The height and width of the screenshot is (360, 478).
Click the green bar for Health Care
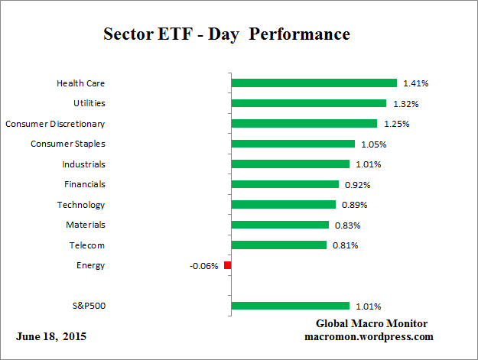pos(314,83)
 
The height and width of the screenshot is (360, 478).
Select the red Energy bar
pos(227,265)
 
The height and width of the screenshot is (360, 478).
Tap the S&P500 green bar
pos(290,306)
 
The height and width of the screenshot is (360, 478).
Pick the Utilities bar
pos(308,103)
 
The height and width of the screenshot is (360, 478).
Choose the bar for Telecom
pos(278,245)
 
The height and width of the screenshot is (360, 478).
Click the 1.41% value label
pos(416,83)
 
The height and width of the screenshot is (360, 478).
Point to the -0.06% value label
pos(203,266)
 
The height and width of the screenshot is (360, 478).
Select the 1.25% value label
pos(396,124)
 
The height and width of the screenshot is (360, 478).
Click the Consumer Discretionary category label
pos(55,123)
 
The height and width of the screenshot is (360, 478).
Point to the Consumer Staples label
pos(68,144)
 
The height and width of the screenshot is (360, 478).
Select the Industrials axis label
pos(83,164)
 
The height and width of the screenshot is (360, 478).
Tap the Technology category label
pos(81,205)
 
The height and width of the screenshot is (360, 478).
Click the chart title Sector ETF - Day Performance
pos(226,34)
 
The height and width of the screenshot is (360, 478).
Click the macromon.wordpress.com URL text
pos(369,336)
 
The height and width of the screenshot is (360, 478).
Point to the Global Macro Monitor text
pos(371,323)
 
